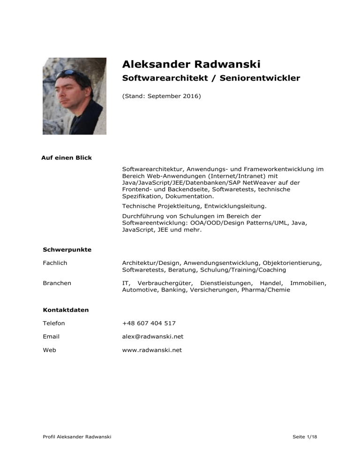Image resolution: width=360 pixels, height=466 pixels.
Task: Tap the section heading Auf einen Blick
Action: point(67,158)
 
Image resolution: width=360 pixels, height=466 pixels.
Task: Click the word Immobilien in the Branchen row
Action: point(307,283)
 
